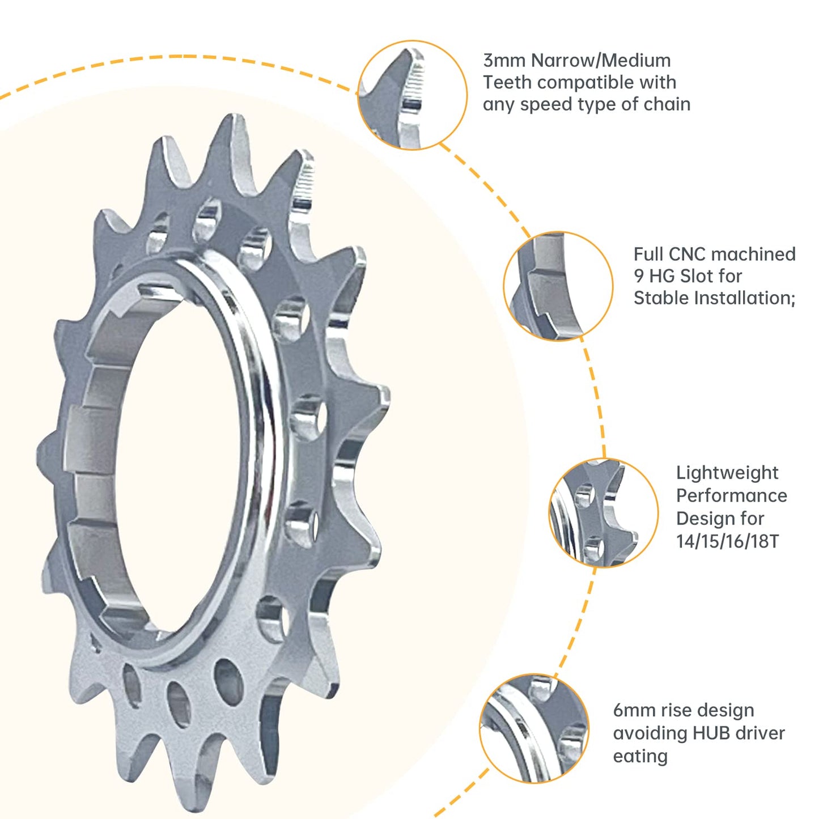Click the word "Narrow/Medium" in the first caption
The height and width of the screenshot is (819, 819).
pyautogui.click(x=600, y=60)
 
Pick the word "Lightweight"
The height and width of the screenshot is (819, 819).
pyautogui.click(x=727, y=473)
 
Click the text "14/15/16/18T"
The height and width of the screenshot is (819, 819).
pyautogui.click(x=727, y=541)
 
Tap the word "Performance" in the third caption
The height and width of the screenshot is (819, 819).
pyautogui.click(x=731, y=496)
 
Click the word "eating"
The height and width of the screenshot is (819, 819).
pyautogui.click(x=640, y=756)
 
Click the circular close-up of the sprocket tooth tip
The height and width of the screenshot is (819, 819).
pyautogui.click(x=412, y=95)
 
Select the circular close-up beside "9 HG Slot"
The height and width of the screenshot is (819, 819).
pyautogui.click(x=558, y=286)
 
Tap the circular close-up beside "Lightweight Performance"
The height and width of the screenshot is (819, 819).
pyautogui.click(x=603, y=513)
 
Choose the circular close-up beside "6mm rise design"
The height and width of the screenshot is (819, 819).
pyautogui.click(x=534, y=728)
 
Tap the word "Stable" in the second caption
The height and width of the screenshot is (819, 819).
pyautogui.click(x=658, y=298)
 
